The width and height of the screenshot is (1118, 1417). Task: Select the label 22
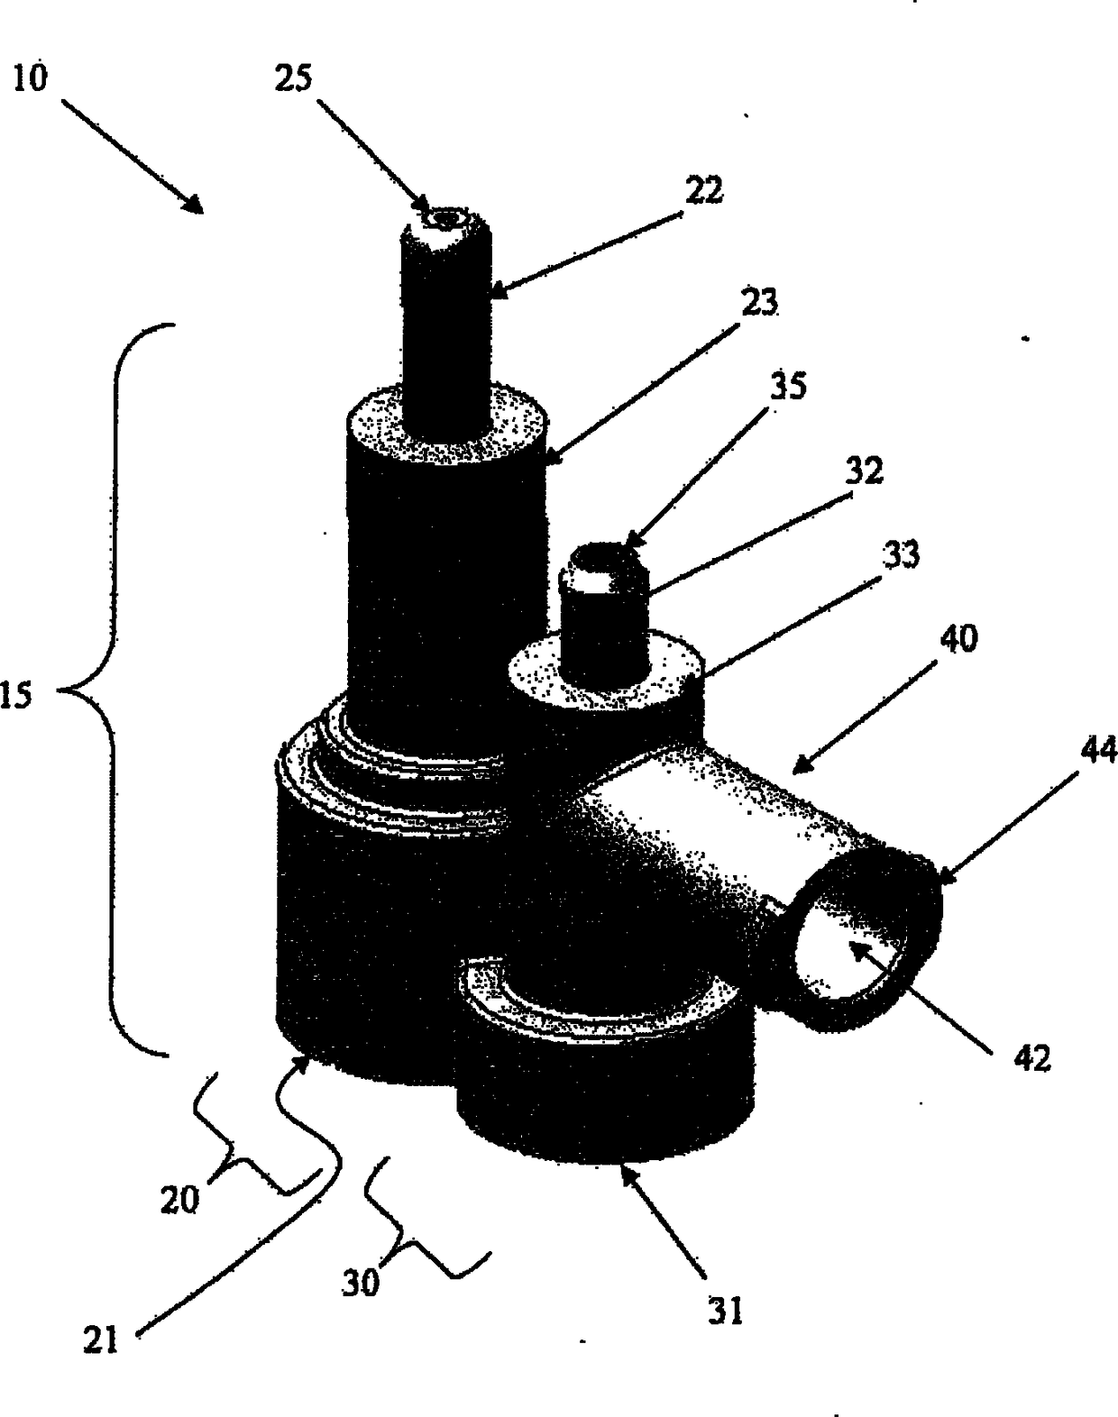(x=703, y=190)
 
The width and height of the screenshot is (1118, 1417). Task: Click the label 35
(x=787, y=385)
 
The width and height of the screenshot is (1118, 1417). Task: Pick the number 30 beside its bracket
(x=361, y=1283)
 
